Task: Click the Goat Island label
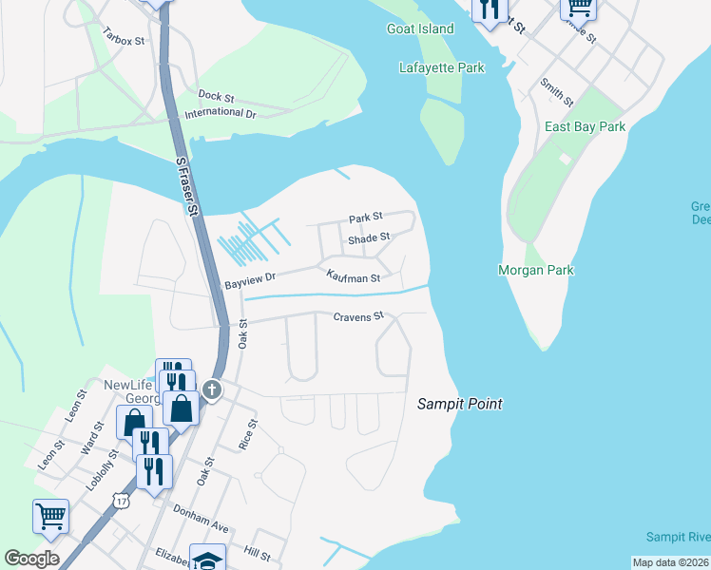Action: (420, 28)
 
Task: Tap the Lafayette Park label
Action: (442, 67)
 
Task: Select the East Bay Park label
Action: (585, 126)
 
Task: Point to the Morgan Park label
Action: (536, 270)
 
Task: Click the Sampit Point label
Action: (460, 404)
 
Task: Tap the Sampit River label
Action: (678, 537)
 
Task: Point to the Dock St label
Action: (216, 96)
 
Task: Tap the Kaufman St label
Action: (353, 277)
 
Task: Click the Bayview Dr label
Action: (249, 281)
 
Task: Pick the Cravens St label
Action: (357, 315)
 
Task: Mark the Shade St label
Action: (369, 237)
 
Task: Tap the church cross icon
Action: (212, 389)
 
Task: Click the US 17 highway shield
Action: (119, 500)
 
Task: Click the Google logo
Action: (31, 558)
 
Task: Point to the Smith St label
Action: (557, 92)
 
